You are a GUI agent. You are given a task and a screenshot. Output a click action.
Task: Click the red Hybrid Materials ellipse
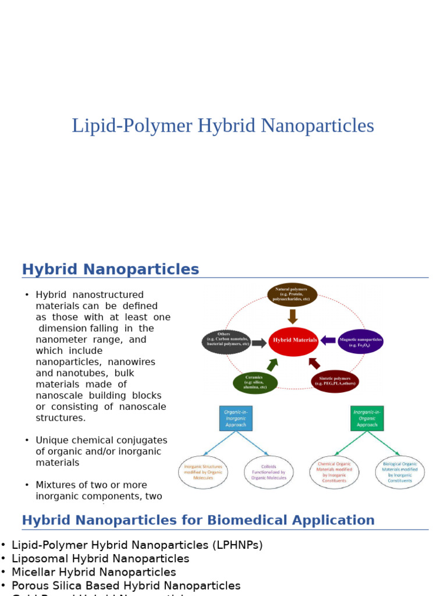pyautogui.click(x=294, y=340)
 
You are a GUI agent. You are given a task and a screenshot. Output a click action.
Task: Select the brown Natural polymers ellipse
pyautogui.click(x=292, y=295)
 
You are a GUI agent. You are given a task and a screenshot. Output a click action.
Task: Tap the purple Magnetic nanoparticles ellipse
pyautogui.click(x=360, y=342)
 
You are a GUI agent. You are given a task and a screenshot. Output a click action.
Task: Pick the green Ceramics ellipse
pyautogui.click(x=256, y=382)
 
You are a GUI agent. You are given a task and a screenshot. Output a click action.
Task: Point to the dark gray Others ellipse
pyautogui.click(x=226, y=342)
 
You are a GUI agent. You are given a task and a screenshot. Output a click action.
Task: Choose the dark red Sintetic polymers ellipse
pyautogui.click(x=335, y=382)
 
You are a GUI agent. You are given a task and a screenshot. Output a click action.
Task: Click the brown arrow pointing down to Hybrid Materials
pyautogui.click(x=293, y=317)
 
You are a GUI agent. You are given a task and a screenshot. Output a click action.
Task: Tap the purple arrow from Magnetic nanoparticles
pyautogui.click(x=328, y=340)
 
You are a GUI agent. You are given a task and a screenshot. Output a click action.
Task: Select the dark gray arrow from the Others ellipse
pyautogui.click(x=260, y=343)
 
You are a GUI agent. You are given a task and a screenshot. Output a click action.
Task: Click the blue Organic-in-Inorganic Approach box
pyautogui.click(x=236, y=418)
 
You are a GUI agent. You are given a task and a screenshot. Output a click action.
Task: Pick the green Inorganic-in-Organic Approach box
pyautogui.click(x=367, y=418)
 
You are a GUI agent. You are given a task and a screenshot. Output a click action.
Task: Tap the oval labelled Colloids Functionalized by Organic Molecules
pyautogui.click(x=269, y=472)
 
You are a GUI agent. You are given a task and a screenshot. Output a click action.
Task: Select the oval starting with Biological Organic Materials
pyautogui.click(x=400, y=472)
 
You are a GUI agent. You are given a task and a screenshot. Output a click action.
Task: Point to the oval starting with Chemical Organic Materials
pyautogui.click(x=334, y=472)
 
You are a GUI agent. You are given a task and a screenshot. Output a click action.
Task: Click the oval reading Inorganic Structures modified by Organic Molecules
pyautogui.click(x=203, y=472)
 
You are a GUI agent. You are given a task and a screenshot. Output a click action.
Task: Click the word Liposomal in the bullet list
pyautogui.click(x=39, y=559)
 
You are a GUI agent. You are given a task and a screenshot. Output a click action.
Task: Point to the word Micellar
pyautogui.click(x=33, y=572)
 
